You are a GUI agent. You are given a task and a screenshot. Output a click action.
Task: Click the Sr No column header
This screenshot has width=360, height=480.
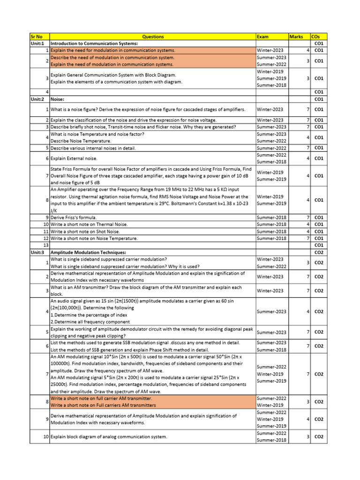point(36,37)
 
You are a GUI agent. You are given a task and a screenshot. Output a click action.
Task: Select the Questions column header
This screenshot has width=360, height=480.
point(153,37)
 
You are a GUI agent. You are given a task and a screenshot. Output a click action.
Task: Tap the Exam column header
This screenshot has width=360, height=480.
point(262,37)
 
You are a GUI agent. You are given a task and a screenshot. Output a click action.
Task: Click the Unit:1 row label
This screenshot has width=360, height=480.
point(37,43)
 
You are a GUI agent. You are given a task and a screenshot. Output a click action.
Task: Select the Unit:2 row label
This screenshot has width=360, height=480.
point(37,99)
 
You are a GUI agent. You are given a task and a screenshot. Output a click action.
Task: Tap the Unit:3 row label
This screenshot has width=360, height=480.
point(37,252)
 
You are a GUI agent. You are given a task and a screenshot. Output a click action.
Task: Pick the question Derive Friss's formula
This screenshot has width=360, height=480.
point(74,217)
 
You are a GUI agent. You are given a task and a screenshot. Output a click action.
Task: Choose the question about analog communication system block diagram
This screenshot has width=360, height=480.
point(108,437)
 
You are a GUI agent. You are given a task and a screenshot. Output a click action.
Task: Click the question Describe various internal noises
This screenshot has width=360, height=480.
point(93,148)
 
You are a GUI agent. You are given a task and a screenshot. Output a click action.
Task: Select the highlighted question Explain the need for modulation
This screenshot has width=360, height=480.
point(112,50)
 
